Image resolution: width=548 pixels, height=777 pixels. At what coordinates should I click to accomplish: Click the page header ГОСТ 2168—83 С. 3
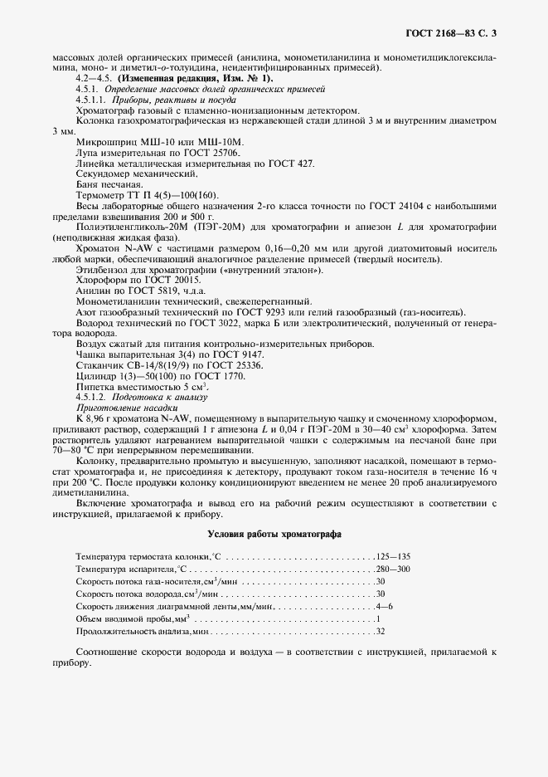(457, 33)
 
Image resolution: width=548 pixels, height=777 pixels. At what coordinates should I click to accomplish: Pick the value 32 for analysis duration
(380, 632)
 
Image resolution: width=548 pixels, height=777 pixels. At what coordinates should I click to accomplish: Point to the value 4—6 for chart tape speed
(384, 607)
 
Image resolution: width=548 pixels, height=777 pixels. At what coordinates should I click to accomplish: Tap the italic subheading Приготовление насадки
(126, 409)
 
